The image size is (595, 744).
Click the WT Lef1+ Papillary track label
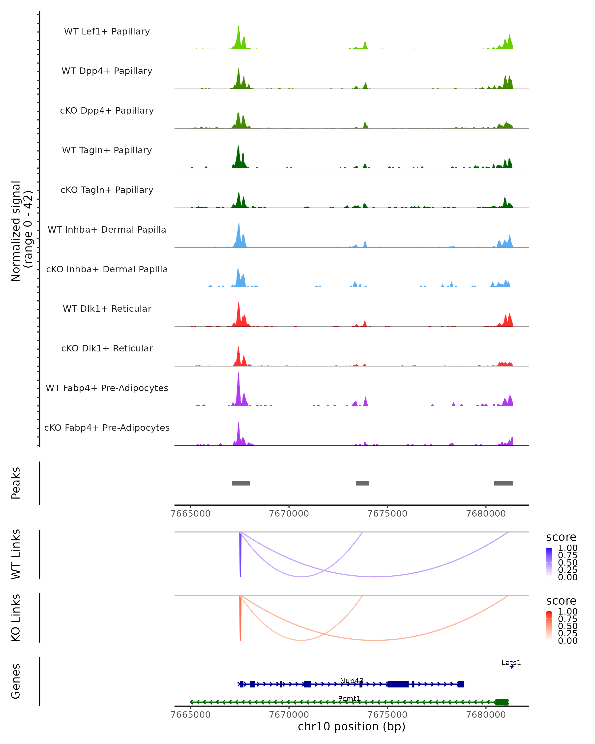107,31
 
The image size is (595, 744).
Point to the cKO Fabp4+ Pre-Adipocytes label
107,428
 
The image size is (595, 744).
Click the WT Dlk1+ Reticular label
107,309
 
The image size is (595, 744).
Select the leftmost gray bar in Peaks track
241,483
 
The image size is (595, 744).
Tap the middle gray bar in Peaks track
362,483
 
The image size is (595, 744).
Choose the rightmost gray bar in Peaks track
503,483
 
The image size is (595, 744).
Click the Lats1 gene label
511,663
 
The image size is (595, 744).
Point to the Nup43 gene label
352,681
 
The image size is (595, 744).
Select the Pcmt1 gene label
349,698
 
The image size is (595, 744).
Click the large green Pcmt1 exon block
501,702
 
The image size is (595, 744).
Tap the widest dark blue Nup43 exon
398,684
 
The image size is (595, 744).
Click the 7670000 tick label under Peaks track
289,514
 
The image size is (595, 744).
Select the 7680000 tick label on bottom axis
486,715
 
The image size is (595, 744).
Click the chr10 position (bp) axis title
352,727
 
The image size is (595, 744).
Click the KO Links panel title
16,618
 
